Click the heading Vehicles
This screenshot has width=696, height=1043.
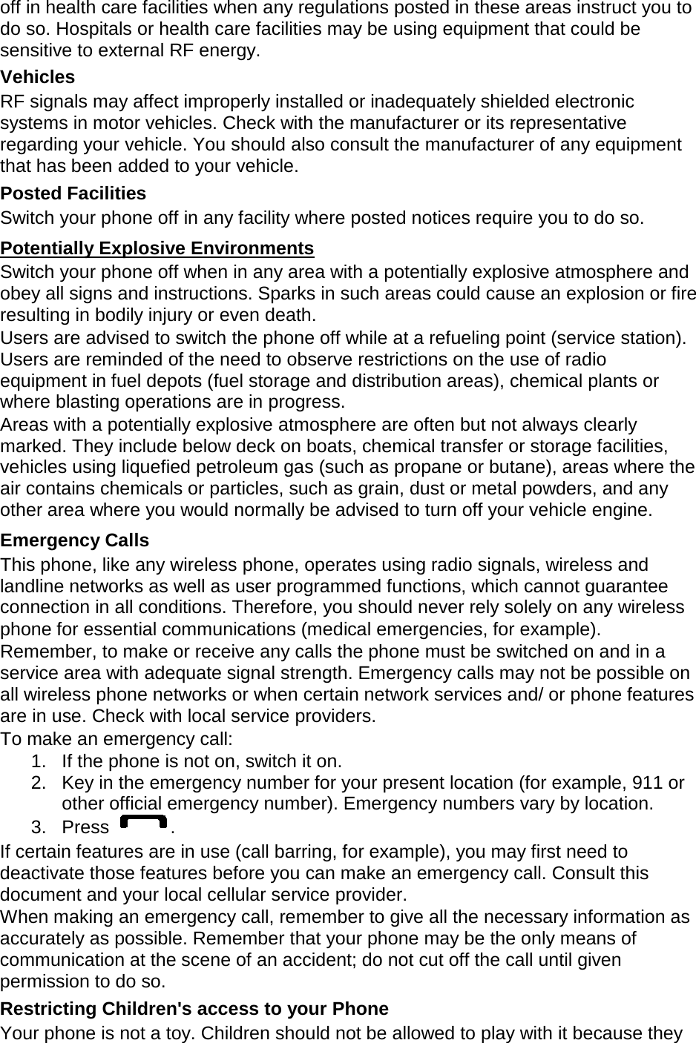point(38,77)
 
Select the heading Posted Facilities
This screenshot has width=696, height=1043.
point(73,193)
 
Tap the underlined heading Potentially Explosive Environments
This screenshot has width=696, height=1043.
point(157,248)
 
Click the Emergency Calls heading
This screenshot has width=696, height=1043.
point(74,540)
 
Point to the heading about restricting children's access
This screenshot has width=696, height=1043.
point(194,1009)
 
